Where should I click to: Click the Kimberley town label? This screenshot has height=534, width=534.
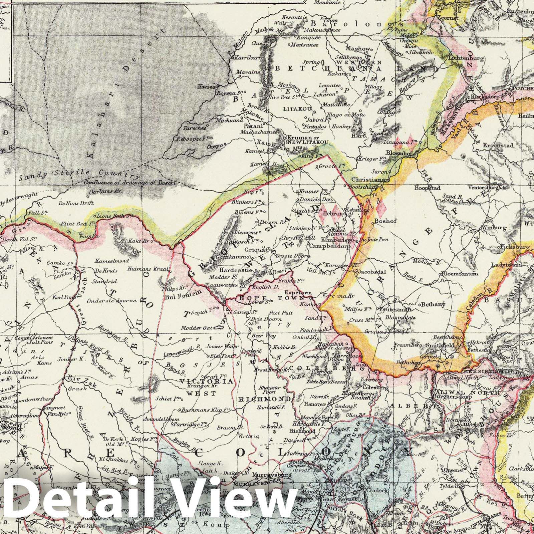click(x=335, y=240)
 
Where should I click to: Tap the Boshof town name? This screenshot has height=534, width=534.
click(x=383, y=221)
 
